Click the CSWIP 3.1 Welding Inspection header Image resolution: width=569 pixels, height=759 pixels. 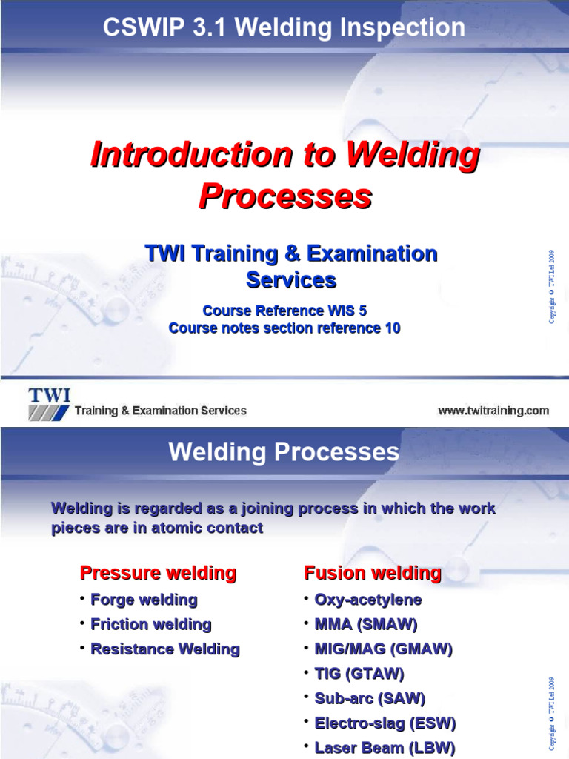tap(284, 28)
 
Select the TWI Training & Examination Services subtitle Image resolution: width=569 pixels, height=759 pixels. tap(291, 266)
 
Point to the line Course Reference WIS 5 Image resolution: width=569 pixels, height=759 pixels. tap(284, 311)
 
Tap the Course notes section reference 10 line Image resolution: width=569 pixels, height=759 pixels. tap(284, 328)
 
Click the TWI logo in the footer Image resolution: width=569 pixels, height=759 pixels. tap(49, 403)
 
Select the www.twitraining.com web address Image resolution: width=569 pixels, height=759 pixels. tap(493, 411)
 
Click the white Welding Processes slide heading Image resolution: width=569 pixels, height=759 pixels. tap(284, 452)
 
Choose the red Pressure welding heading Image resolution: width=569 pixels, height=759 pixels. tap(158, 573)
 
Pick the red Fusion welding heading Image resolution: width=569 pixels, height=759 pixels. tap(372, 573)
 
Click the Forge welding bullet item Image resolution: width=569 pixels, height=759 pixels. tap(144, 600)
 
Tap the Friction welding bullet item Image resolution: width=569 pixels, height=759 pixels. tap(150, 624)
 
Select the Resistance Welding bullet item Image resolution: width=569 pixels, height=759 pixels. tap(164, 649)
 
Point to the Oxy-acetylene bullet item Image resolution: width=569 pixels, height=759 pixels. tap(367, 600)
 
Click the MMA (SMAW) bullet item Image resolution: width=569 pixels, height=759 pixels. tap(366, 624)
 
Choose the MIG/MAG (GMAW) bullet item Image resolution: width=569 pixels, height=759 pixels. tap(383, 649)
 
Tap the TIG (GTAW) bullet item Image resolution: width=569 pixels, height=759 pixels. tap(359, 674)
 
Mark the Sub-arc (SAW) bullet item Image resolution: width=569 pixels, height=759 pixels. tap(370, 698)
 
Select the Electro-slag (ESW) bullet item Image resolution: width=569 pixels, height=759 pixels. tap(385, 723)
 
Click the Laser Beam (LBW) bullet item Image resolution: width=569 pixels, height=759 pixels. tap(385, 748)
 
